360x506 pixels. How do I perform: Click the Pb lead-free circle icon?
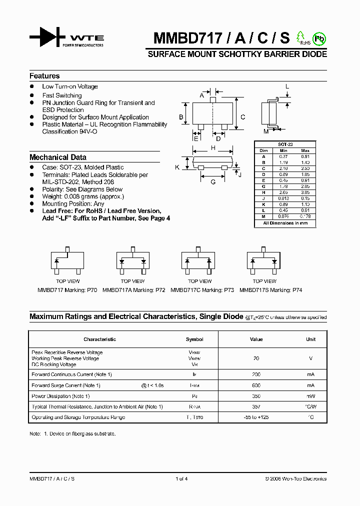coord(318,38)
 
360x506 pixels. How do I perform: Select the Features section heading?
coord(44,76)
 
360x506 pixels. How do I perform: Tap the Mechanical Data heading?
coord(58,157)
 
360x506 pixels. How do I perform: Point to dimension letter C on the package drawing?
coord(243,117)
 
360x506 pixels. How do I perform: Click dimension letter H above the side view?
coord(213,148)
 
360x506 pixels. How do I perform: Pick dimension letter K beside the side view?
coord(177,167)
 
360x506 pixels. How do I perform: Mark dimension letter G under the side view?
coord(213,182)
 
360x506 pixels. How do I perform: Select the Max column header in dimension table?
coord(305,150)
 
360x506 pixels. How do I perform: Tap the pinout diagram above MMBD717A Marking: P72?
coord(133,261)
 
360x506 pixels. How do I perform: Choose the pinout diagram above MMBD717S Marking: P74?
coord(264,261)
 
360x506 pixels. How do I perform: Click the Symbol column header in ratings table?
coord(194,339)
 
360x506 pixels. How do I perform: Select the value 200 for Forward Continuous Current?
coord(256,374)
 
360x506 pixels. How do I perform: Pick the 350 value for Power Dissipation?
coord(256,396)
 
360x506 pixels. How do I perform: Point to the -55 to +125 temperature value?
coord(256,417)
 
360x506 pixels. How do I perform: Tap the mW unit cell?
coord(310,396)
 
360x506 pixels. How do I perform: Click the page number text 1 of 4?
coord(181,479)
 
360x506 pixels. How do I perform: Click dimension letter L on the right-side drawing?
coord(287,86)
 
